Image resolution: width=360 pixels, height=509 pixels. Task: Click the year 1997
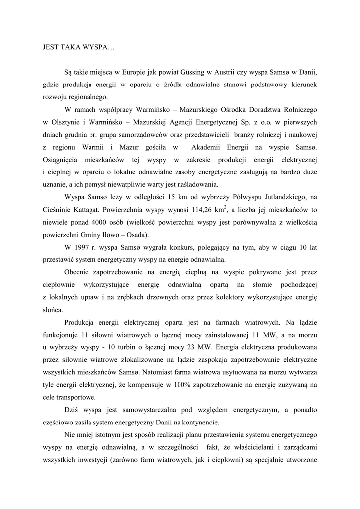pos(82,248)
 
